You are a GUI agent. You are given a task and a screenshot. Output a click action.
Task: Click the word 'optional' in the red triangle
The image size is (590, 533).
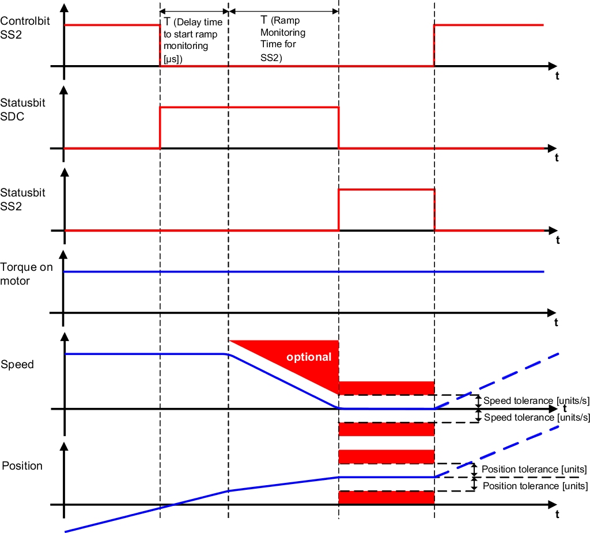click(309, 357)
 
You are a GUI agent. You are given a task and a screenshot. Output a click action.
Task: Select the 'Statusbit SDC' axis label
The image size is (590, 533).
click(23, 109)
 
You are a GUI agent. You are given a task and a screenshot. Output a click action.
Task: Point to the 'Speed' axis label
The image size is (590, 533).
click(17, 364)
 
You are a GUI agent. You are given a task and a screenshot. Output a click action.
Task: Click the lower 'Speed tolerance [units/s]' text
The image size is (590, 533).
click(536, 417)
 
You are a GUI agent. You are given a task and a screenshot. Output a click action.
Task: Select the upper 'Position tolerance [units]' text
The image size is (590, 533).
click(534, 469)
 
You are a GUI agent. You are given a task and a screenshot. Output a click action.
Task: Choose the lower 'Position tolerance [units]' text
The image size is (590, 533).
click(534, 486)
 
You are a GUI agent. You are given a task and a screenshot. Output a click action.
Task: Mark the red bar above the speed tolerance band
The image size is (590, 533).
click(385, 388)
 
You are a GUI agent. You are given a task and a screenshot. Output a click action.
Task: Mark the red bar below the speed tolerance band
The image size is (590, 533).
click(385, 429)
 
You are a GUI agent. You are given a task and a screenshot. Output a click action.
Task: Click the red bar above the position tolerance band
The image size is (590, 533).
click(385, 457)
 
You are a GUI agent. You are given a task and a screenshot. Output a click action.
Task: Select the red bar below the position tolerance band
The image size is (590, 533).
click(385, 497)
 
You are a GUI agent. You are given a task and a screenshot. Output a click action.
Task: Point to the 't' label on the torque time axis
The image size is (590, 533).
click(556, 323)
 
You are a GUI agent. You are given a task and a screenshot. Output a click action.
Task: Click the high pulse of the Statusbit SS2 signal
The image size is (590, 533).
click(386, 190)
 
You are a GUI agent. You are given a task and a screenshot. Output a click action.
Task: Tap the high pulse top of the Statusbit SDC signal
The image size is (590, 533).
click(249, 107)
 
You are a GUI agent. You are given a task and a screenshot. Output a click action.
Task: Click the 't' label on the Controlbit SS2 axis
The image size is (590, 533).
click(557, 76)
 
